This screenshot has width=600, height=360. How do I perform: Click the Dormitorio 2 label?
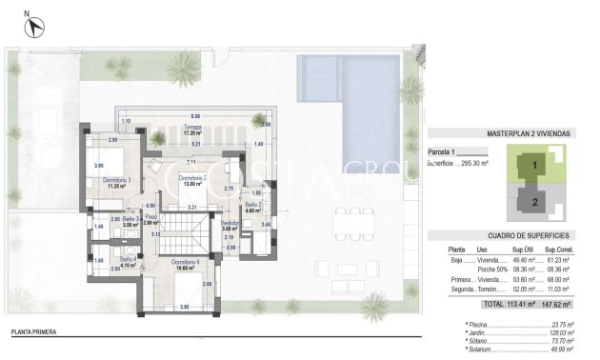[x=193, y=178]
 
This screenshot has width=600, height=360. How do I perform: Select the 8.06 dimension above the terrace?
[x=195, y=113]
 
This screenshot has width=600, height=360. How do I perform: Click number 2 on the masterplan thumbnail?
[x=535, y=202]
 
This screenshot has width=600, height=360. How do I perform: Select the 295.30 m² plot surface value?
[x=471, y=163]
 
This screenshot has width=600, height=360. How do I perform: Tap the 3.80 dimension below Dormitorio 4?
[x=184, y=307]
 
